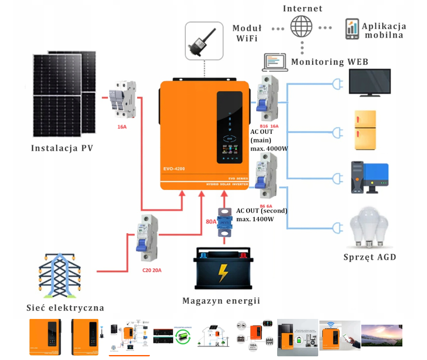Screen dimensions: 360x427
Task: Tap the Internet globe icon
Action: coord(301,27)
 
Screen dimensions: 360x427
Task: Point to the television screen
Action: coord(370,83)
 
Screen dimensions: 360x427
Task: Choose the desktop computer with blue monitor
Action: coord(370,177)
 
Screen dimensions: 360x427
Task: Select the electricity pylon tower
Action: coord(60,274)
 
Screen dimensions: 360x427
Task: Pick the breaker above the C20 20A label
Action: coord(147,238)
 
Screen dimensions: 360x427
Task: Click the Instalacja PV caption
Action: coord(62,148)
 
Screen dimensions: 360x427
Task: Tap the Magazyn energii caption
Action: coord(221,301)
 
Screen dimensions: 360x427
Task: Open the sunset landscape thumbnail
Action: coord(381,335)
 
